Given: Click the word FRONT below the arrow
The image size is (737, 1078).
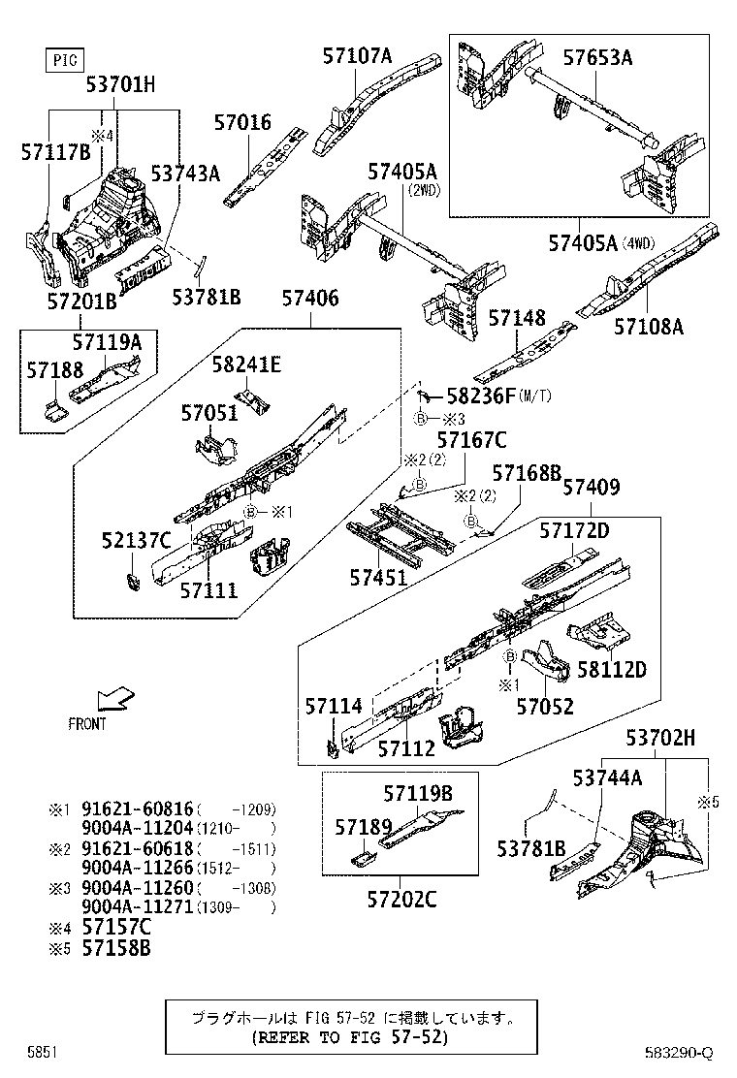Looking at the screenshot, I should click(x=87, y=724).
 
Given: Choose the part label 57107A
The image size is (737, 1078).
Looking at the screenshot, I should click(x=357, y=56).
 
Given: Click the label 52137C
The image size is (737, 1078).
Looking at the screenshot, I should click(x=136, y=540).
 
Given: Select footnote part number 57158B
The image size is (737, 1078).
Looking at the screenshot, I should click(x=115, y=949).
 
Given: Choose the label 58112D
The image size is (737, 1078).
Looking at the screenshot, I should click(x=611, y=669).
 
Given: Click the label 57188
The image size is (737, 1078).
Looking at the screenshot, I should click(x=54, y=370).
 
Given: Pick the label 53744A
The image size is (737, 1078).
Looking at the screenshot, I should click(x=607, y=777).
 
